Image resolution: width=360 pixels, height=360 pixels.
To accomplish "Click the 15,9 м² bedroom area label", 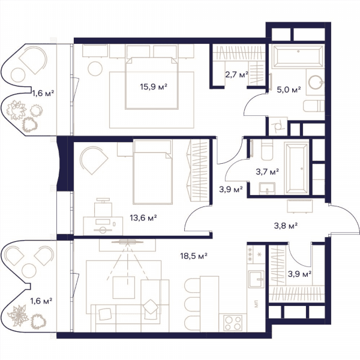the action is click(x=154, y=87).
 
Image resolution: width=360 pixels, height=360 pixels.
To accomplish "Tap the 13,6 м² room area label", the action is click(x=143, y=218).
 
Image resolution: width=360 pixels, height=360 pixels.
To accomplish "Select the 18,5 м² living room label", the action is click(x=194, y=256).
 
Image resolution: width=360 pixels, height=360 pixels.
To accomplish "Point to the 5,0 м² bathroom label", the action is click(x=289, y=89).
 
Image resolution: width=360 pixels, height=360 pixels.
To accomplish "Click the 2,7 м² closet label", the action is click(x=237, y=74).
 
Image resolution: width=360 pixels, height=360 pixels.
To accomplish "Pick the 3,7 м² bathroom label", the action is click(x=268, y=172).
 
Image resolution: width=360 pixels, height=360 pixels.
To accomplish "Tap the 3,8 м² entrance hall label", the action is click(x=286, y=226).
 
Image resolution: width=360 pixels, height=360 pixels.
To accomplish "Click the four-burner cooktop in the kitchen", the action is click(x=233, y=323).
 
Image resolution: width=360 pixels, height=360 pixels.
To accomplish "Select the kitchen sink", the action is click(x=256, y=279).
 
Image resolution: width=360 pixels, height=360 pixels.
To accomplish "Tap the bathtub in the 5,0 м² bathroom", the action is click(x=298, y=56).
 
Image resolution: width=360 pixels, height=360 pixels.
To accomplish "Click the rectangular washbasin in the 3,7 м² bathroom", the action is click(x=267, y=189).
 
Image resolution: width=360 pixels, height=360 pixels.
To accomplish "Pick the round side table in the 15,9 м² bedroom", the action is click(x=95, y=68).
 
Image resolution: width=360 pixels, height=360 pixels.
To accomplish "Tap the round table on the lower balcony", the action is click(x=29, y=271).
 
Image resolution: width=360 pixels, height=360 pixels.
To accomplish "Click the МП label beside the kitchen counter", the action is click(x=256, y=304).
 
